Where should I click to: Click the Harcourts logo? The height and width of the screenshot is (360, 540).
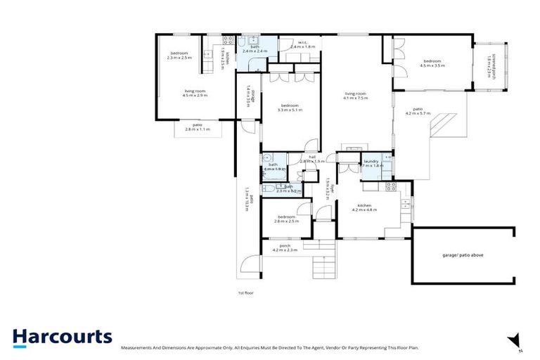(x=62, y=337)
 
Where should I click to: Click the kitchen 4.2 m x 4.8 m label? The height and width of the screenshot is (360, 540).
(x=367, y=207)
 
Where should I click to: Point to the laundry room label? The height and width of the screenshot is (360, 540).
(x=371, y=164)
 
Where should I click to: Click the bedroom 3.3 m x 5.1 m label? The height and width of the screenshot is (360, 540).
(x=290, y=108)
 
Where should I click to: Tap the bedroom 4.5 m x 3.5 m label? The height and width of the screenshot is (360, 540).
(x=433, y=63)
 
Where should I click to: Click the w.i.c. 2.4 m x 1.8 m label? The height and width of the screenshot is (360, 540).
(x=304, y=44)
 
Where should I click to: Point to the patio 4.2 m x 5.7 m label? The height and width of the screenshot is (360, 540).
(x=418, y=111)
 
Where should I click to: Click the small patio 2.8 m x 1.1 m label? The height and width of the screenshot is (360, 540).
(x=198, y=127)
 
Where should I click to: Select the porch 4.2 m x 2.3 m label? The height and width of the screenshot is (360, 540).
(x=285, y=247)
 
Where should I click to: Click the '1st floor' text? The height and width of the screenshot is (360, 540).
(x=245, y=292)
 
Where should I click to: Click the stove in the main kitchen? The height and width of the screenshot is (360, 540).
(x=392, y=186)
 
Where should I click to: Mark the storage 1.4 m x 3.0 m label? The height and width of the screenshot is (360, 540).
(x=248, y=95)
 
